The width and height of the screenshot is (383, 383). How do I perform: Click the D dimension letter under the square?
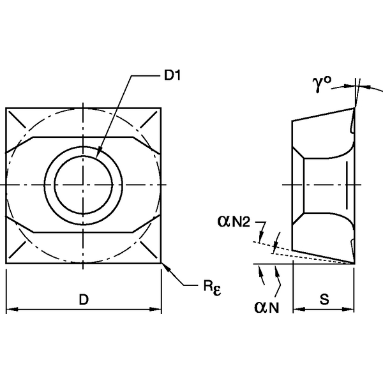pyautogui.click(x=83, y=299)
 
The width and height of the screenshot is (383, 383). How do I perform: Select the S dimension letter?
pyautogui.click(x=324, y=299)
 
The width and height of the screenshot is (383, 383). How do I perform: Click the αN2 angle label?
pyautogui.click(x=236, y=222)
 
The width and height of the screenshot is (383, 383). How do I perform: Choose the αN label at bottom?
pyautogui.click(x=267, y=308)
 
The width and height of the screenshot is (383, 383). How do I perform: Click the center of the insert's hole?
pyautogui.click(x=83, y=185)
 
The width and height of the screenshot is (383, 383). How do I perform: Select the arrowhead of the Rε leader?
pyautogui.click(x=165, y=266)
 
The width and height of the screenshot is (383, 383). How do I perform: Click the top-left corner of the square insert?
pyautogui.click(x=6, y=108)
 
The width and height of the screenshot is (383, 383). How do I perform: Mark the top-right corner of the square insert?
pyautogui.click(x=161, y=108)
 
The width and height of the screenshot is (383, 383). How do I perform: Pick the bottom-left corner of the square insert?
pyautogui.click(x=6, y=263)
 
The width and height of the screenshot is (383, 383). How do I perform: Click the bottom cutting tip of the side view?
pyautogui.click(x=354, y=263)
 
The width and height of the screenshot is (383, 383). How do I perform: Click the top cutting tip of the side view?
pyautogui.click(x=353, y=108)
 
